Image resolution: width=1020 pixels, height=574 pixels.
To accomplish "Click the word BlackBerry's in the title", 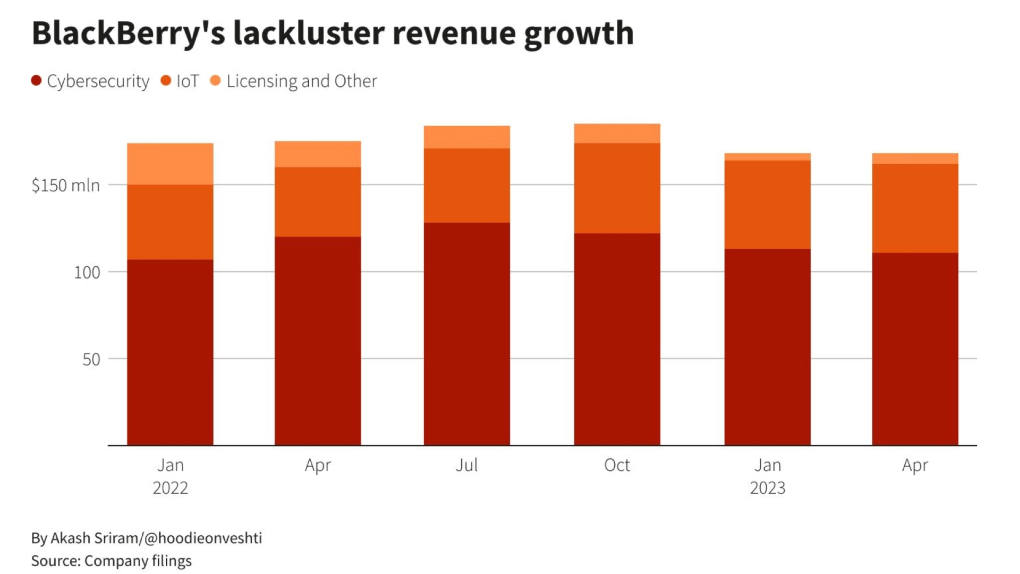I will pyautogui.click(x=128, y=33).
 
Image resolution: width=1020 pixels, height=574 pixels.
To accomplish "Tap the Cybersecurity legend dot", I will pyautogui.click(x=36, y=81).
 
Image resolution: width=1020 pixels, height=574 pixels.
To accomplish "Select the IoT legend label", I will pyautogui.click(x=188, y=81).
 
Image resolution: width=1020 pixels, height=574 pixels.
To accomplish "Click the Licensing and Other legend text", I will pyautogui.click(x=301, y=81).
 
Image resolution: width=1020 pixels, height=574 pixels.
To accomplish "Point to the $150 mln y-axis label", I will pyautogui.click(x=65, y=185).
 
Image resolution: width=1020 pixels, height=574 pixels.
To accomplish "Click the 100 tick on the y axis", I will pyautogui.click(x=87, y=272).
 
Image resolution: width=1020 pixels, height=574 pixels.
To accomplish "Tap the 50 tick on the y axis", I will pyautogui.click(x=91, y=359).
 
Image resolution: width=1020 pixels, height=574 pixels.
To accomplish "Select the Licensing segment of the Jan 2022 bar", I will pyautogui.click(x=170, y=164).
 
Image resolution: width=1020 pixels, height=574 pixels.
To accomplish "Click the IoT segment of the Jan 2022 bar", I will pyautogui.click(x=170, y=222).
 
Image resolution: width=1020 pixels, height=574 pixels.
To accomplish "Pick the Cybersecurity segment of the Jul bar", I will pyautogui.click(x=466, y=334).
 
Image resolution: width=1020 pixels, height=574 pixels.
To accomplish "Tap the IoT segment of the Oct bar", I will pyautogui.click(x=617, y=188).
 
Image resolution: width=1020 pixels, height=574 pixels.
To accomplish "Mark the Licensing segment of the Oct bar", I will pyautogui.click(x=617, y=133).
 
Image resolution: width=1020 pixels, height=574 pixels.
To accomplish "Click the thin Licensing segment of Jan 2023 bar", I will pyautogui.click(x=767, y=157).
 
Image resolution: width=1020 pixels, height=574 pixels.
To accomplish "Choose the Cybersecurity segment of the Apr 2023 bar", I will pyautogui.click(x=915, y=349).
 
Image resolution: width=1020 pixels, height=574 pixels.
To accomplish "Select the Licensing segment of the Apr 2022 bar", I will pyautogui.click(x=318, y=154).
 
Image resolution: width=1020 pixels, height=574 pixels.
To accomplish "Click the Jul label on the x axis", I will pyautogui.click(x=466, y=465).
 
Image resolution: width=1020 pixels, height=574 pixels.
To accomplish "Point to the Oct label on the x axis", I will pyautogui.click(x=617, y=465).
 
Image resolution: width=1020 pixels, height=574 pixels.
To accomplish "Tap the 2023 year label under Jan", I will pyautogui.click(x=767, y=488).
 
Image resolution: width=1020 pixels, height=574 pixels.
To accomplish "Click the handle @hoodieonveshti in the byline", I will pyautogui.click(x=203, y=538).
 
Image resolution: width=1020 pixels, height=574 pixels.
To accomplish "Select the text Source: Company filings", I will pyautogui.click(x=111, y=561).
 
